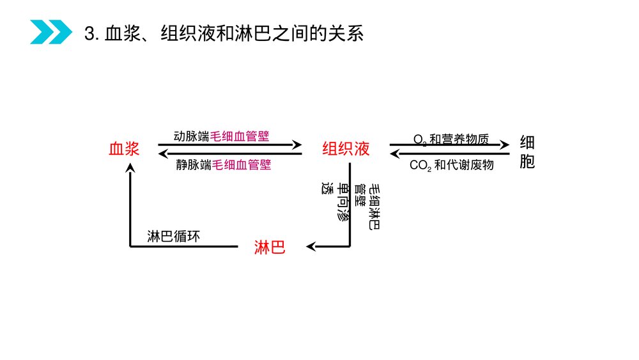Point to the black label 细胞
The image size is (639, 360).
point(527,152)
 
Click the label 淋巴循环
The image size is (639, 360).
point(174,236)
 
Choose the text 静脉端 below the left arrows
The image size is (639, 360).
point(194,165)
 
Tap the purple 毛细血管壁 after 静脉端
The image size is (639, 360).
point(242,165)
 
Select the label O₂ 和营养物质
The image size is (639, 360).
point(450,139)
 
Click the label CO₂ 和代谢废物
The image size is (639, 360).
point(452,165)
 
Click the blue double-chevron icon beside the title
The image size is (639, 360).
point(51,32)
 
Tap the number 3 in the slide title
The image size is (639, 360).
point(89,33)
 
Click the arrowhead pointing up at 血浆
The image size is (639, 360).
point(130,168)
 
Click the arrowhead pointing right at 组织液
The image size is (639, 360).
point(297,145)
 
